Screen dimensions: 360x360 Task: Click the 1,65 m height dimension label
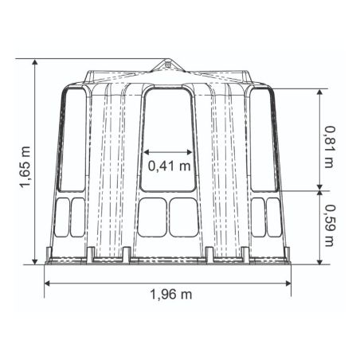(25, 167)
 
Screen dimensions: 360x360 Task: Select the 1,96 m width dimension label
(171, 295)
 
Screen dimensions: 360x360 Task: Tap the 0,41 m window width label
(170, 166)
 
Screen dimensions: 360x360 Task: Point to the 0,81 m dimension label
(330, 147)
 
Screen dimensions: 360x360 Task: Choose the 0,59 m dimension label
(330, 225)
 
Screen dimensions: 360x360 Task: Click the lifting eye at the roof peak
(167, 65)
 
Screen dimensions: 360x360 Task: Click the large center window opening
(168, 139)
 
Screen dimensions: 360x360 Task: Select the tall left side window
(72, 140)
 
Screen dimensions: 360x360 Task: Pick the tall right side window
(264, 140)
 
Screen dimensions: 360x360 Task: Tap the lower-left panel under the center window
(152, 217)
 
